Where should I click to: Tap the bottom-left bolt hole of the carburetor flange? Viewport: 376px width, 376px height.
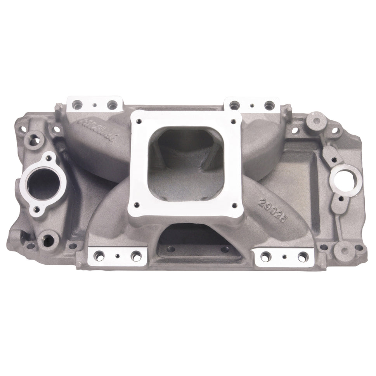coord(136,205)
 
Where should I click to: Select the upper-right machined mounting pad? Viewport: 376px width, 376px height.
coord(252,104)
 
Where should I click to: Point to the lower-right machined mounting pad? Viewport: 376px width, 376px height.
coord(284,256)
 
